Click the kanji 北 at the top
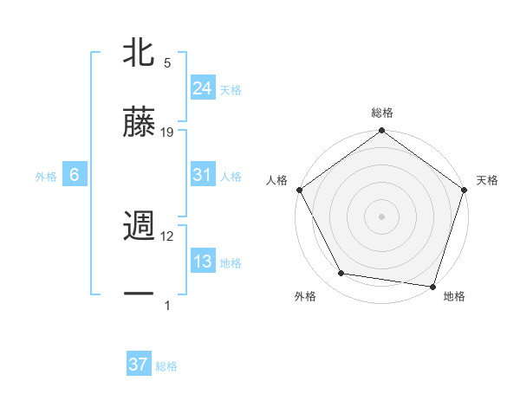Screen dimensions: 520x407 pos(139,54)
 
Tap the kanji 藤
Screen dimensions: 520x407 pos(139,122)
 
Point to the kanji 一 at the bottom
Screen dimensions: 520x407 pos(139,295)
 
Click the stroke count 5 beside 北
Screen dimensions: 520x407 pos(167,63)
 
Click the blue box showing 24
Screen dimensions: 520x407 pos(202,87)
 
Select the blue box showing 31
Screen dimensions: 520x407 pos(202,175)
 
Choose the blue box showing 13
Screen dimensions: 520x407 pos(202,262)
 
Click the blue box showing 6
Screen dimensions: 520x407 pos(75,175)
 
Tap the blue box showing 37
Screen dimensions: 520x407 pos(138,365)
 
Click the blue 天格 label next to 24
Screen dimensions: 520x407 pos(231,89)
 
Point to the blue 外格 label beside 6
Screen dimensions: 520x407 pos(46,177)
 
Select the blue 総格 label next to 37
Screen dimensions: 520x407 pos(166,366)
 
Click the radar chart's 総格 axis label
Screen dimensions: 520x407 pos(382,113)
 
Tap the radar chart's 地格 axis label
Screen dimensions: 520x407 pos(454,296)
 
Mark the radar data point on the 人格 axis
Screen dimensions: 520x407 pos(299,190)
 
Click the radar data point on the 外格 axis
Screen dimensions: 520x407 pos(341,274)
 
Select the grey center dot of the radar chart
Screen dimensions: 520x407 pos(382,216)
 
